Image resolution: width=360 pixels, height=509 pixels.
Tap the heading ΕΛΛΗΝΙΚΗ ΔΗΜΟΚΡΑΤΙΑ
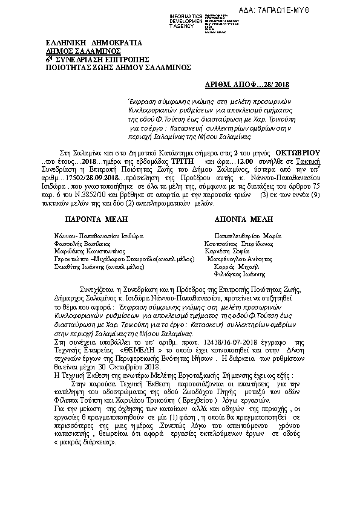tap(94, 44)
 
